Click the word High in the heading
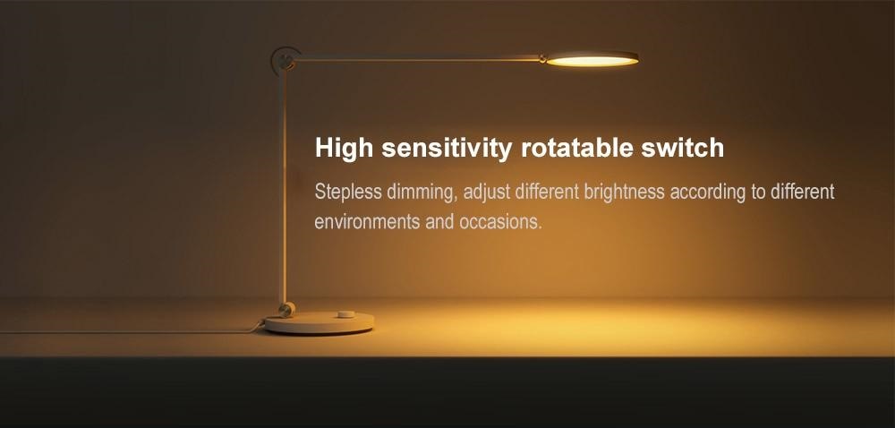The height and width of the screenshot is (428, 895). click(345, 149)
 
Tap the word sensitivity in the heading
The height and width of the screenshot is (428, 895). click(447, 149)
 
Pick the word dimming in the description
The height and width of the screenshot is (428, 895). click(422, 193)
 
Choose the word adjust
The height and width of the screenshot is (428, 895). click(486, 193)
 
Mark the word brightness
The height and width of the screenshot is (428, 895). click(624, 193)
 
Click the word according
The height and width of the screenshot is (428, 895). click(708, 193)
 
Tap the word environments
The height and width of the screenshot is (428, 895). click(367, 221)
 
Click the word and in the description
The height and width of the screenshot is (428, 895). click(439, 221)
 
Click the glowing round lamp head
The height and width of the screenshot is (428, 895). click(592, 59)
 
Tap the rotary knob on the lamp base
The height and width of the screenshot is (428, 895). click(345, 313)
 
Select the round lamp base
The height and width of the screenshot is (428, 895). click(320, 322)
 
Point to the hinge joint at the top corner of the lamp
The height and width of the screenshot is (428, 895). click(286, 61)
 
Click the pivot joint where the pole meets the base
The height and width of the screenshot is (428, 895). click(286, 309)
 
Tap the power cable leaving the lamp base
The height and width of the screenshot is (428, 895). click(132, 331)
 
